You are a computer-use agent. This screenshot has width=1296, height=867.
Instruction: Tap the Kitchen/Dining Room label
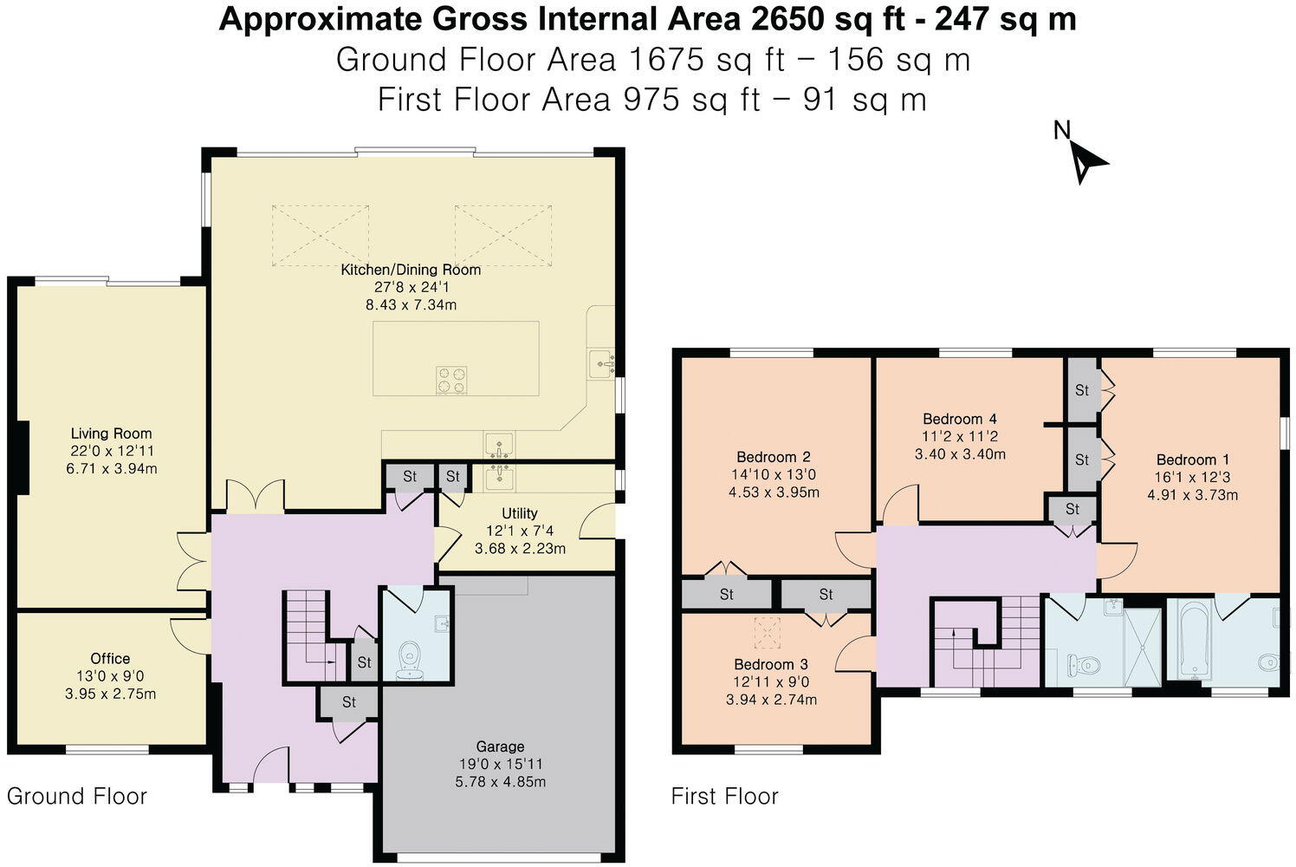(x=411, y=270)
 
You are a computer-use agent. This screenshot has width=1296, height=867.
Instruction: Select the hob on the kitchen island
(x=451, y=381)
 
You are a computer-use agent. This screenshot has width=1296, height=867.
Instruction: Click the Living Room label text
(x=111, y=433)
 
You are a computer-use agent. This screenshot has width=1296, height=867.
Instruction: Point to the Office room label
(x=110, y=659)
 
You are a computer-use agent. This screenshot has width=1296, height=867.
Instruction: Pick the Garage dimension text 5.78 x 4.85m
(x=501, y=782)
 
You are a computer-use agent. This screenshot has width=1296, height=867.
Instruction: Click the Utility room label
(x=520, y=513)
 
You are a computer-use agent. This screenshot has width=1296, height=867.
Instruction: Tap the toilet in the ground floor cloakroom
(x=410, y=661)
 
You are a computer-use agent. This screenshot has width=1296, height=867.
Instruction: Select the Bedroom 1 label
(x=1192, y=460)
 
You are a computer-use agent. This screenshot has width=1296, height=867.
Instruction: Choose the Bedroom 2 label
(x=774, y=457)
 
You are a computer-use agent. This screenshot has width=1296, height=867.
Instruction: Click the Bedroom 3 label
(x=771, y=664)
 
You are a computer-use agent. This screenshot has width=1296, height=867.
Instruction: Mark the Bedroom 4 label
(x=960, y=419)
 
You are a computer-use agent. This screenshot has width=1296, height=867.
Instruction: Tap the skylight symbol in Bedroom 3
(x=768, y=632)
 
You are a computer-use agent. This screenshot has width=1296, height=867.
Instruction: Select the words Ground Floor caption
(x=77, y=797)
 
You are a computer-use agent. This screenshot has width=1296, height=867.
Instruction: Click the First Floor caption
(x=725, y=797)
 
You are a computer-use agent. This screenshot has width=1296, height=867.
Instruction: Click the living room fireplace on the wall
(x=23, y=458)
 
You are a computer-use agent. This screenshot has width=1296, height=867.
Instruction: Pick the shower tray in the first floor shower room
(x=1143, y=648)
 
